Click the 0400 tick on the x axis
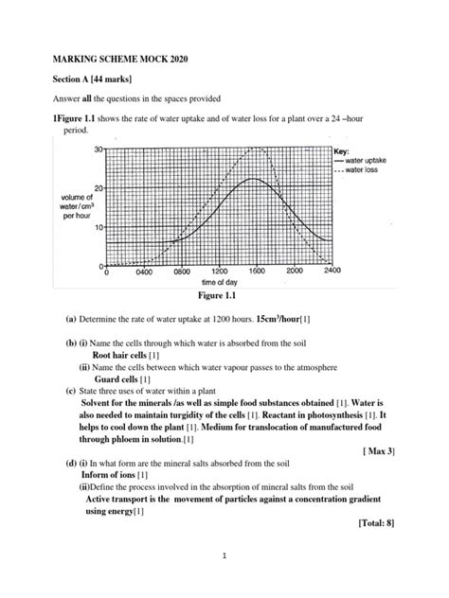tap(143, 272)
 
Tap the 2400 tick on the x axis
tap(331, 272)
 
